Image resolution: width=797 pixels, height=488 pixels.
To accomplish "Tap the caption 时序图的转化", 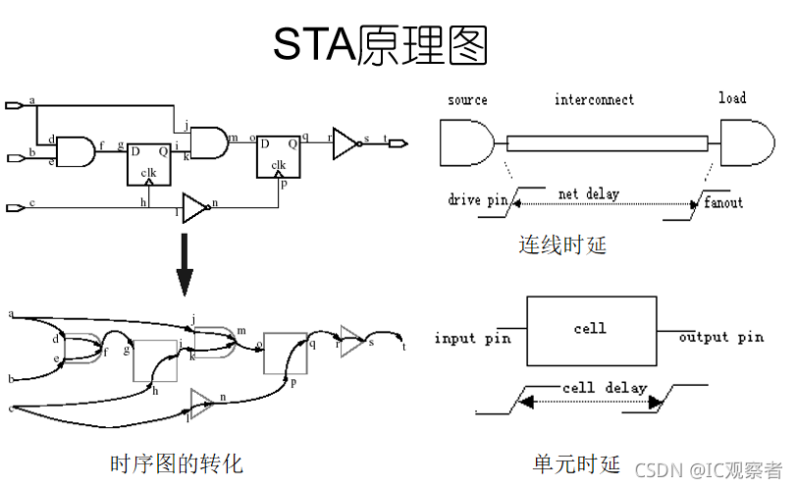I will point(176,461).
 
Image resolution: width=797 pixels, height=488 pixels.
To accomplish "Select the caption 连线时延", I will point(562,244).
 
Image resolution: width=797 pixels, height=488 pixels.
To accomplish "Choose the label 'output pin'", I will point(721,337).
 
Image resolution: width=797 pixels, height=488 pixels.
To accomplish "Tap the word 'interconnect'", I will point(594,99).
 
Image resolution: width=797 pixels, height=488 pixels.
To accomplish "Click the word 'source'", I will point(467,99).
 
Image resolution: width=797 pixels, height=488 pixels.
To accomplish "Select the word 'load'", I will point(731,97).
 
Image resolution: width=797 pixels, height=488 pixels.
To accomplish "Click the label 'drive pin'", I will point(478,200).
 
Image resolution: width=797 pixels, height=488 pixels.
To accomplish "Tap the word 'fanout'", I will point(723,202).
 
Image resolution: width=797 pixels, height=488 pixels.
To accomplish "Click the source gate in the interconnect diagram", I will point(463,143).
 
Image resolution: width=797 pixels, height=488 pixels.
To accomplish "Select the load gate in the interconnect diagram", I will point(743,143).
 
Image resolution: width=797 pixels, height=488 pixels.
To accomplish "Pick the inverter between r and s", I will point(346,142).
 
